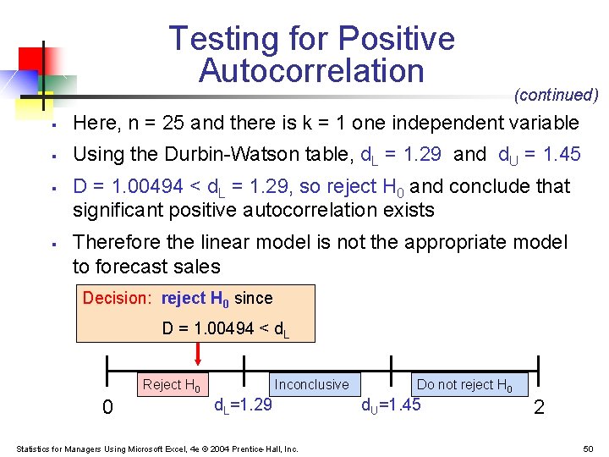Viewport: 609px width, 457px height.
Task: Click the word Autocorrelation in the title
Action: [x=311, y=71]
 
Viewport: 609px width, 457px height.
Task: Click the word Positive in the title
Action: [x=395, y=39]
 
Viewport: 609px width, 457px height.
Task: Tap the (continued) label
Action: [x=556, y=95]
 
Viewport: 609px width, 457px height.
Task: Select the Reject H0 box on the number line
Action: [x=172, y=385]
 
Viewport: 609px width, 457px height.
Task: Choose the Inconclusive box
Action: [x=311, y=384]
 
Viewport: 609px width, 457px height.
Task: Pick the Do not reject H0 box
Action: [x=464, y=384]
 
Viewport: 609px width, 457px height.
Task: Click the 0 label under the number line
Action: [x=107, y=408]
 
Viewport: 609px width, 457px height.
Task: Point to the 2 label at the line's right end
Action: [x=539, y=408]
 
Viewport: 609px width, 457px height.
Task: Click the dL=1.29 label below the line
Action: [x=242, y=405]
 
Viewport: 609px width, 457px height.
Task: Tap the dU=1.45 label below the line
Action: [x=391, y=405]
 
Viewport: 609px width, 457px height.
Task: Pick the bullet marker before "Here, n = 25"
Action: [x=52, y=124]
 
